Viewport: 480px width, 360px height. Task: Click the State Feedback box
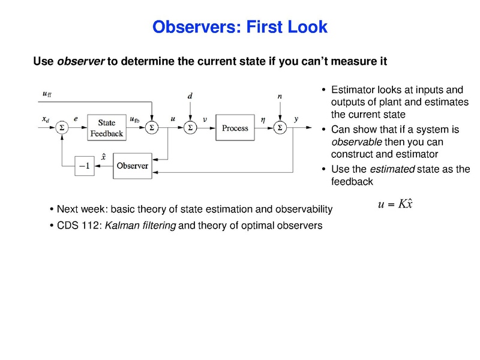pyautogui.click(x=106, y=128)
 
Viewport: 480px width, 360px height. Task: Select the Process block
pyautogui.click(x=235, y=128)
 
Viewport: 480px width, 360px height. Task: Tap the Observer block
pyautogui.click(x=132, y=166)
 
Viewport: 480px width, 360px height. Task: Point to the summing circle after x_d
pyautogui.click(x=61, y=128)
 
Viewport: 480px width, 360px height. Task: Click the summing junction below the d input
pyautogui.click(x=190, y=128)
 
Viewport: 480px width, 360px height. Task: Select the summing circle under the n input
pyautogui.click(x=280, y=128)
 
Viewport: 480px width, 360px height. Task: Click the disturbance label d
pyautogui.click(x=190, y=96)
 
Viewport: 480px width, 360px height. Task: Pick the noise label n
pyautogui.click(x=280, y=96)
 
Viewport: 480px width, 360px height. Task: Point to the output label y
pyautogui.click(x=296, y=119)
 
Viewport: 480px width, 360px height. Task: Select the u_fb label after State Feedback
pyautogui.click(x=135, y=119)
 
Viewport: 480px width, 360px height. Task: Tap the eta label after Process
pyautogui.click(x=263, y=119)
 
